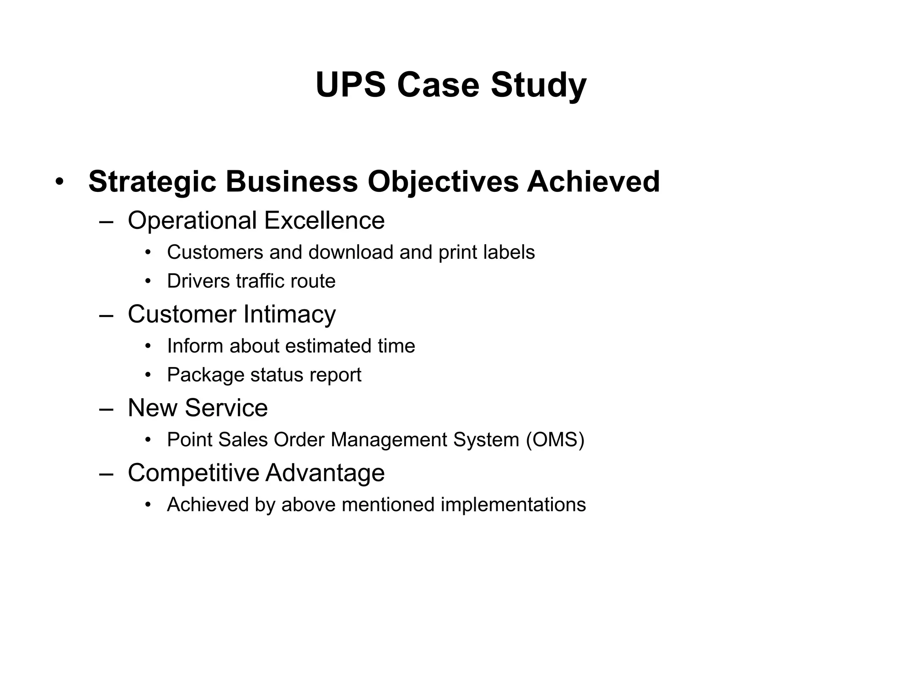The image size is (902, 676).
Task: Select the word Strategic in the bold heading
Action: pos(152,181)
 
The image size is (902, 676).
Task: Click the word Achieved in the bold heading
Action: pos(593,181)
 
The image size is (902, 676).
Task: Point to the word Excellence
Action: pos(325,220)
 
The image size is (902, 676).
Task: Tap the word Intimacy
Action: pos(289,314)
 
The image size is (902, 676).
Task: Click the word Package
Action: pos(205,375)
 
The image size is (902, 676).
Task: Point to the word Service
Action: pos(226,408)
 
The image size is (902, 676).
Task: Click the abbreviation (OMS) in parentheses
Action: pos(555,440)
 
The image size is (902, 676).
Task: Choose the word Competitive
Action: pos(193,472)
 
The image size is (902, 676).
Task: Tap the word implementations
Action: pos(513,504)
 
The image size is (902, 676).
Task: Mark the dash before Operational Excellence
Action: pos(106,221)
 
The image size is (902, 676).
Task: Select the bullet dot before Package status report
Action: pos(148,375)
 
